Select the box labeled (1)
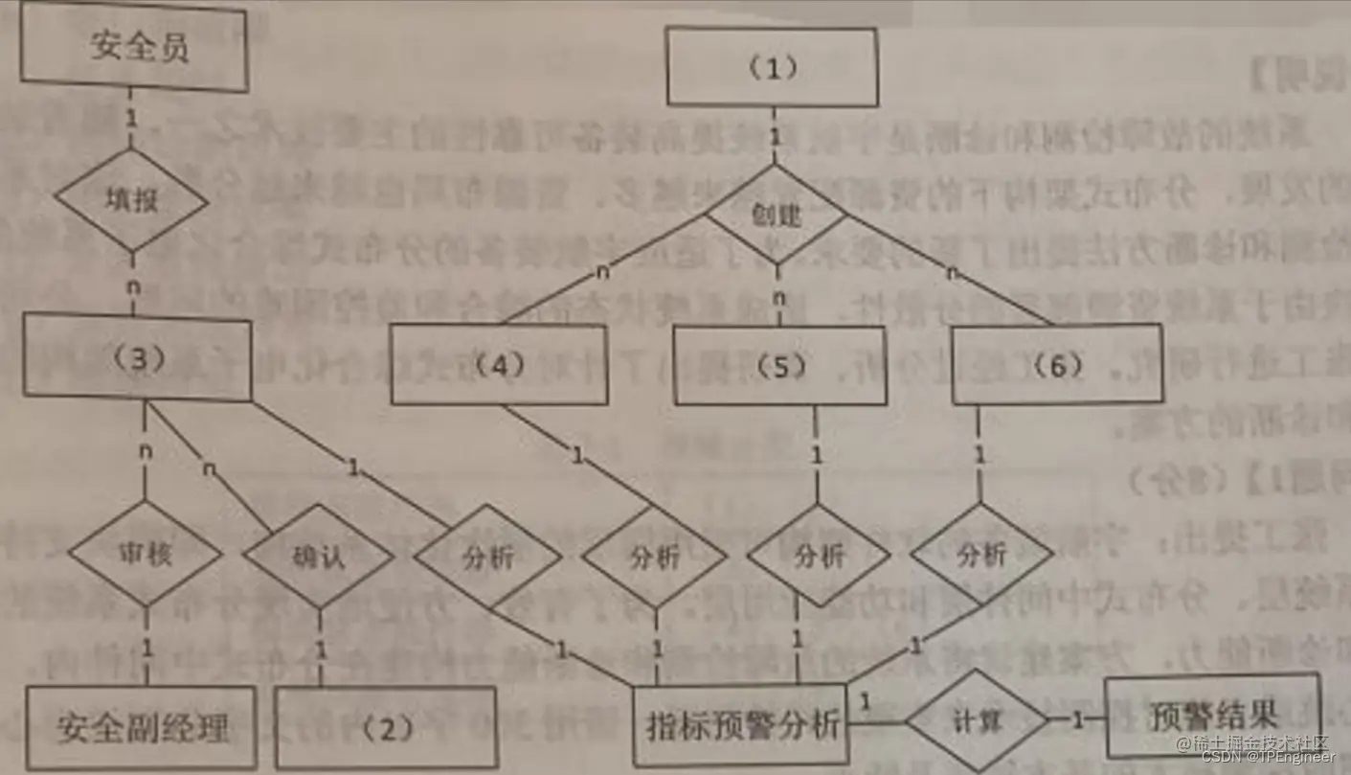pos(772,66)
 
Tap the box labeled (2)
pos(386,727)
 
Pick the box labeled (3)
pos(138,358)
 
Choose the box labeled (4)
pos(498,364)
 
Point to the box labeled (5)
pos(777,365)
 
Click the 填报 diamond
pos(131,200)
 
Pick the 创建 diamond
pos(776,216)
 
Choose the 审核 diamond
pos(146,555)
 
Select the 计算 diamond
pos(977,721)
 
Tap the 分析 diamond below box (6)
pos(981,553)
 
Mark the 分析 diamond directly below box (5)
pos(820,556)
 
